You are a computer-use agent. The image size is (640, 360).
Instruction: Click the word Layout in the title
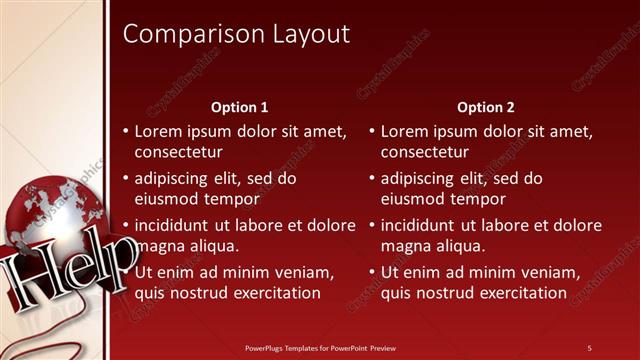coord(311,35)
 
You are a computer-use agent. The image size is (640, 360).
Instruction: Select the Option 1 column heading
coord(240,107)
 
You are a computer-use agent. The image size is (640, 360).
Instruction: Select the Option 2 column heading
coord(486,107)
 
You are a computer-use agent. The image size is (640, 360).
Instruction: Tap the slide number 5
coord(589,348)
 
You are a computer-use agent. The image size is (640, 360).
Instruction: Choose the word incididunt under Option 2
coord(421,225)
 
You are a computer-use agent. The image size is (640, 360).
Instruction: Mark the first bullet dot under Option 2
coord(372,131)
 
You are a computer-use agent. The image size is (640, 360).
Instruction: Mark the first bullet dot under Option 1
coord(126,131)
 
